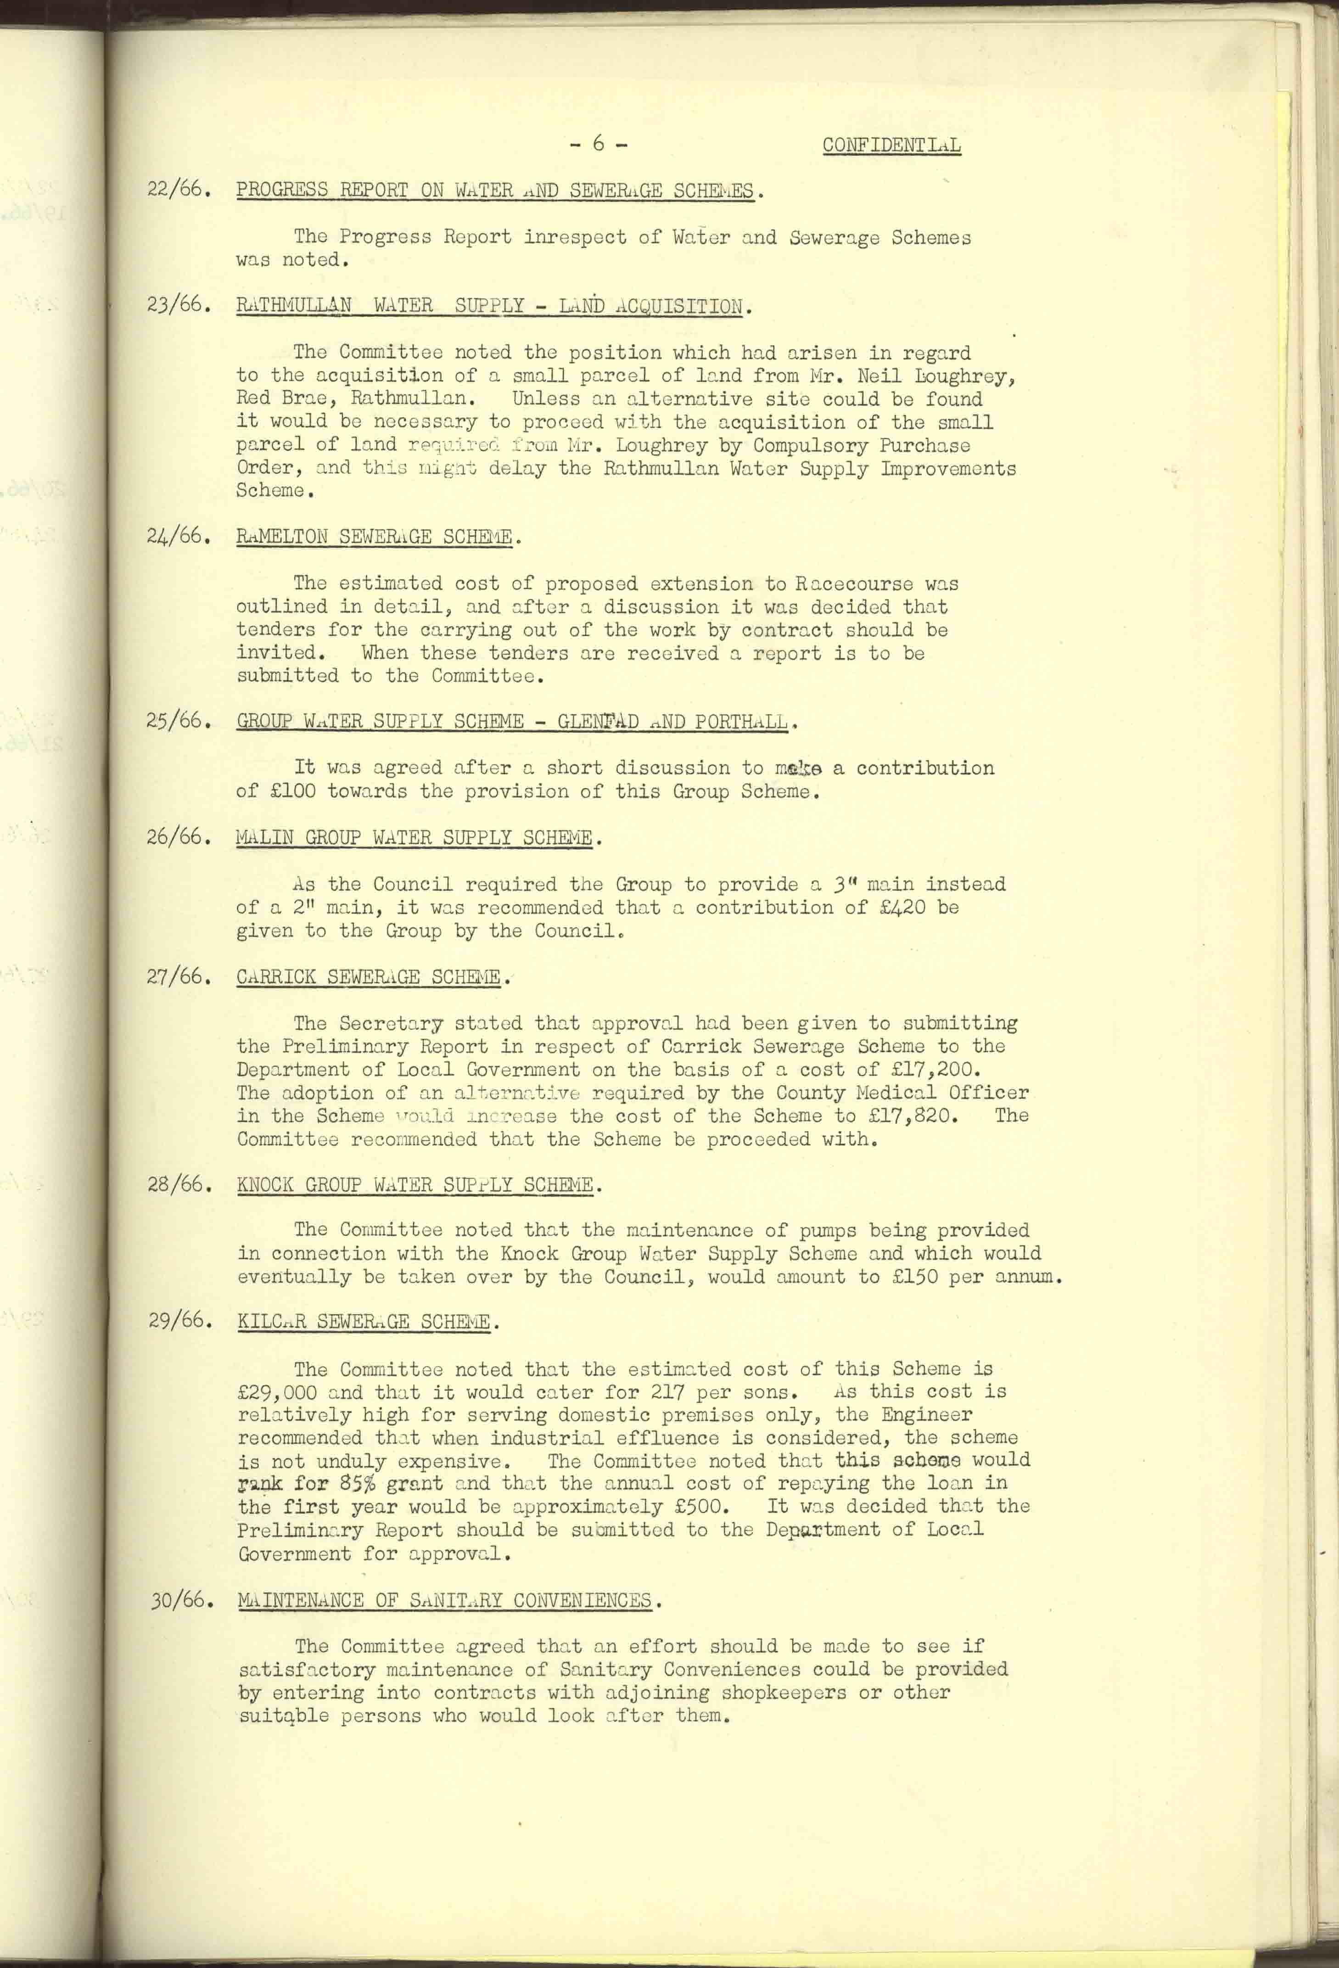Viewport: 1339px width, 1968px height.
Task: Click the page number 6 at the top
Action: (598, 144)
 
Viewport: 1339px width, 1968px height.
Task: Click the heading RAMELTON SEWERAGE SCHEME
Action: (375, 537)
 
